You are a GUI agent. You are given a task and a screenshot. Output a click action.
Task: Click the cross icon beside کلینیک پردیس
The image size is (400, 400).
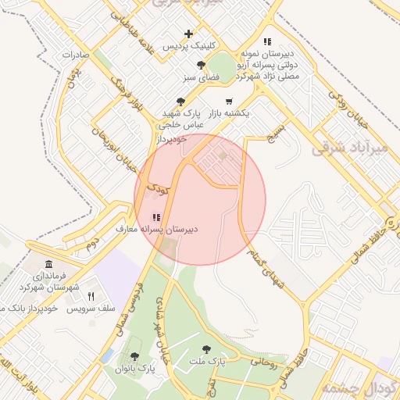(188, 34)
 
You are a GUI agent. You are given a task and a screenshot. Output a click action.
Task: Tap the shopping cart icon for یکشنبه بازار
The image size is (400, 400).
(229, 101)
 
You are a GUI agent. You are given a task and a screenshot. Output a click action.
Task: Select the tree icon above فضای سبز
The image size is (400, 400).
(202, 65)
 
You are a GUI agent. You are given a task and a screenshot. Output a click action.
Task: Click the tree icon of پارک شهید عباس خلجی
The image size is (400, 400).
(181, 101)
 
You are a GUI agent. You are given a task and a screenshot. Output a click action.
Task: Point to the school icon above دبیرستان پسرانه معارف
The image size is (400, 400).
(157, 217)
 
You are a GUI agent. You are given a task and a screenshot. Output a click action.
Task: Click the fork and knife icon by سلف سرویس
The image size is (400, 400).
(91, 296)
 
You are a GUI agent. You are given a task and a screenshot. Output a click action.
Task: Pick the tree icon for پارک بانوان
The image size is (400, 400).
(134, 356)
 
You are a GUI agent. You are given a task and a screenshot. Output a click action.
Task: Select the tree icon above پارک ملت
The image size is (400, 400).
(206, 349)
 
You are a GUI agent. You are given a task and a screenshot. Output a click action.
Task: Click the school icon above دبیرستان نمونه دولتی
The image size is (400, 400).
(267, 41)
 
